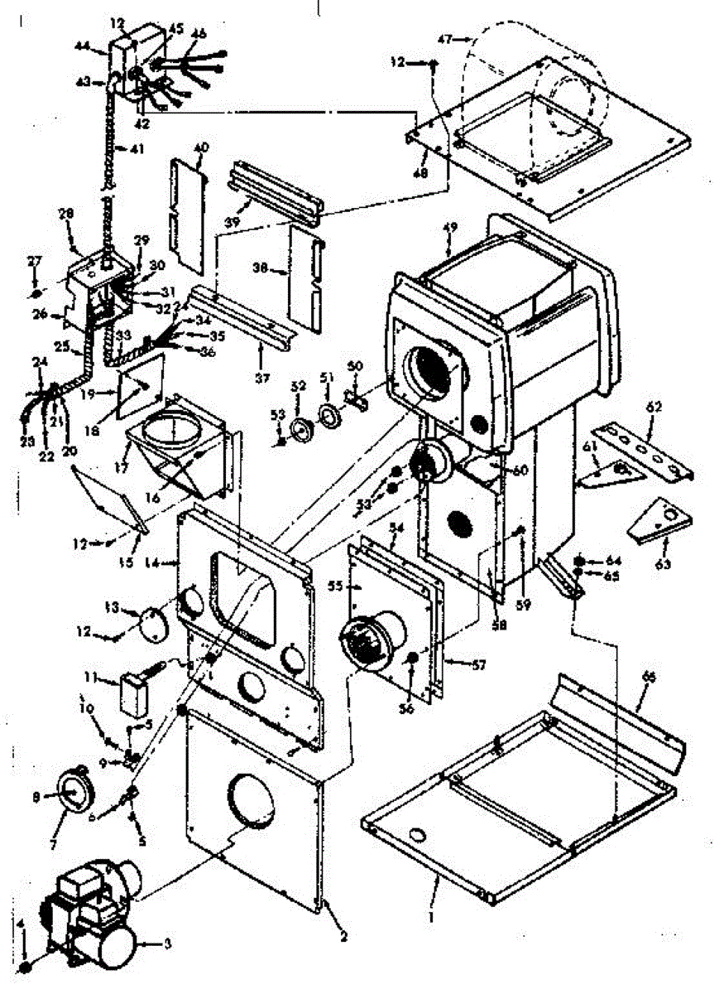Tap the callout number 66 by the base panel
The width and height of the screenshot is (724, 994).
pyautogui.click(x=649, y=679)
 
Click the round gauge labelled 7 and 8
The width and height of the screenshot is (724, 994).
pyautogui.click(x=74, y=794)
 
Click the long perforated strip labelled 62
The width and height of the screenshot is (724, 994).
pyautogui.click(x=645, y=451)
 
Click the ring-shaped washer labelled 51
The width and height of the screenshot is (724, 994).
pyautogui.click(x=328, y=415)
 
